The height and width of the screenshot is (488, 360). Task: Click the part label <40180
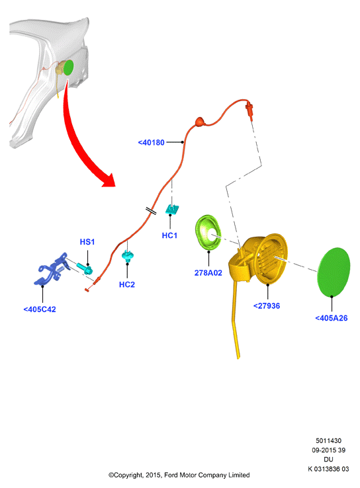click(151, 143)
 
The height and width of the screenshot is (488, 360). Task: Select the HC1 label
click(169, 235)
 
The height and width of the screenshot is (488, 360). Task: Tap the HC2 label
click(127, 284)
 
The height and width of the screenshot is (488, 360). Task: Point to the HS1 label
click(87, 242)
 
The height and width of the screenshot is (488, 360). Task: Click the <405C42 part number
click(40, 309)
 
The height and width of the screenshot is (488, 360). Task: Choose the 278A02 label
click(208, 273)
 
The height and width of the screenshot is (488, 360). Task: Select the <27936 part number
click(267, 306)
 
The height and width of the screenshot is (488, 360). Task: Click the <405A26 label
click(332, 318)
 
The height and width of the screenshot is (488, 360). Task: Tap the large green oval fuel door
click(334, 272)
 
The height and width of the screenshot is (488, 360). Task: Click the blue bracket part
click(52, 270)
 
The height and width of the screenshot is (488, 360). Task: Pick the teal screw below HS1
click(85, 268)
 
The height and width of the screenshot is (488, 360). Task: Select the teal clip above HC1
click(172, 209)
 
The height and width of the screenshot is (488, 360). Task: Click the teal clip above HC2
click(127, 256)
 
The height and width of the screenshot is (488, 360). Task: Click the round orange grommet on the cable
click(200, 122)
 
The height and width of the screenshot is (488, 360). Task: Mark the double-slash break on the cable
click(151, 211)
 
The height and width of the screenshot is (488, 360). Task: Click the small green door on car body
click(69, 67)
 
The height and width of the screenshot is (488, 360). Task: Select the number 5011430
click(328, 440)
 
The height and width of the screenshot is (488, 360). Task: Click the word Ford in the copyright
click(170, 475)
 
